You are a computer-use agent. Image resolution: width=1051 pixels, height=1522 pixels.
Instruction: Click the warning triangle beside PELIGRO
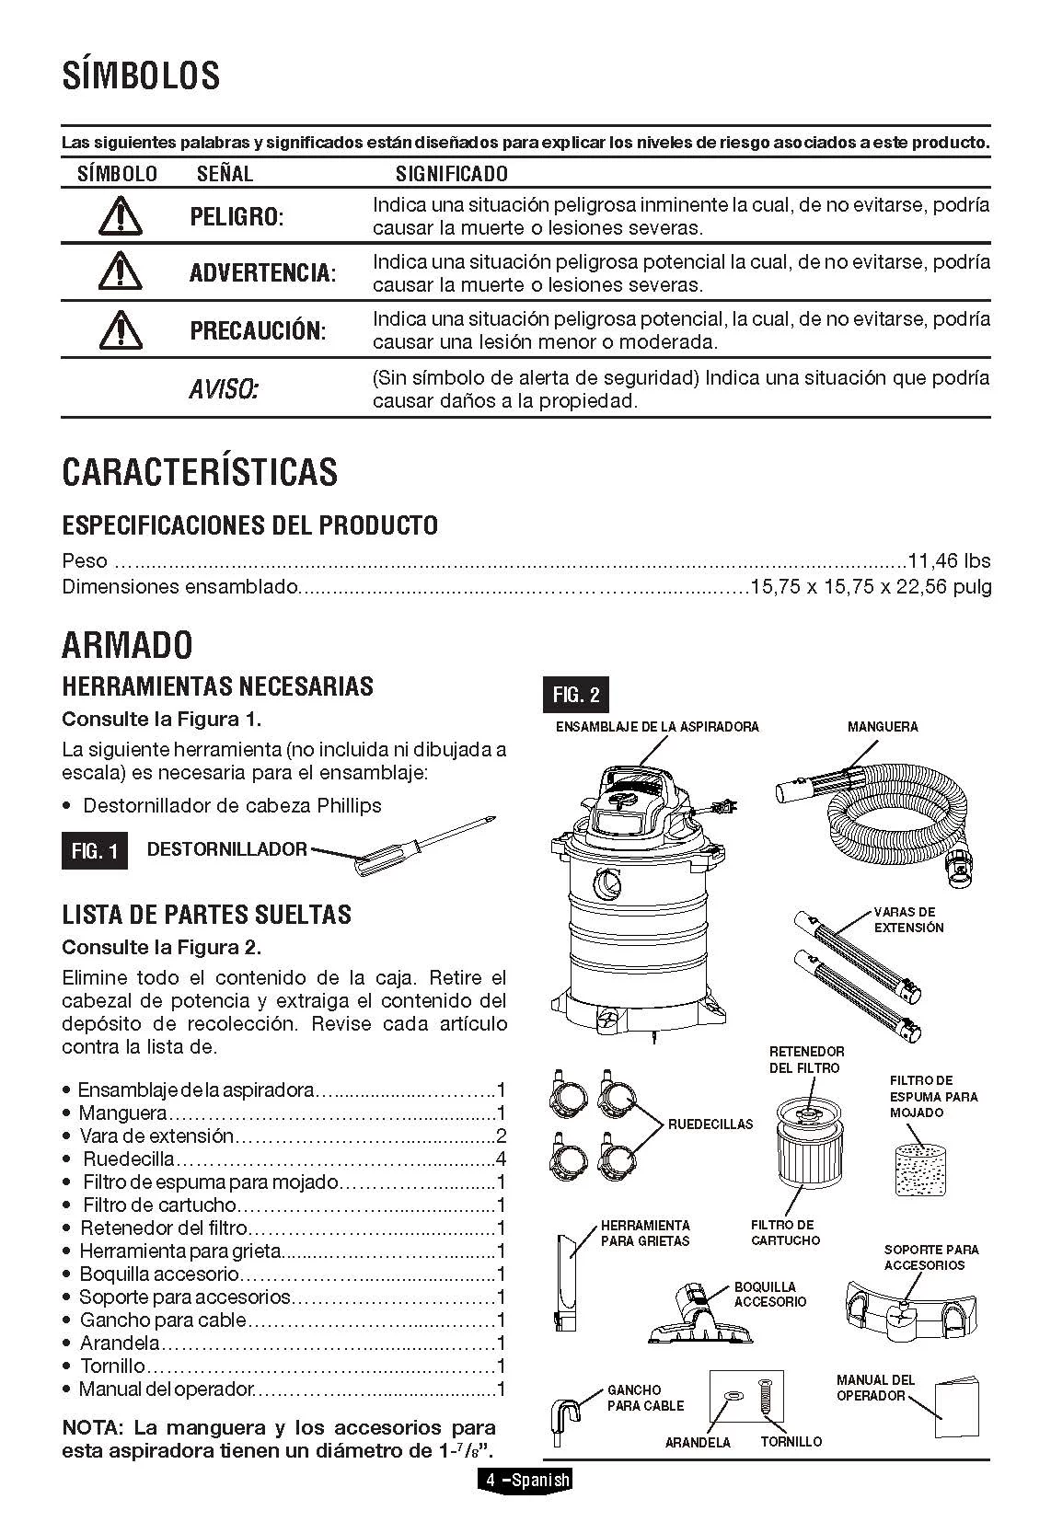coord(117,216)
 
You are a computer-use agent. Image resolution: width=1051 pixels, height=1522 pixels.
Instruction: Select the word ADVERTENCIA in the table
coord(262,273)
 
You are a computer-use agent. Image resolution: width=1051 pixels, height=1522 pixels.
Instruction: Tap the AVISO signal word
coord(223,389)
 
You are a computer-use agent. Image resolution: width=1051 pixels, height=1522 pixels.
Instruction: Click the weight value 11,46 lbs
coord(949,560)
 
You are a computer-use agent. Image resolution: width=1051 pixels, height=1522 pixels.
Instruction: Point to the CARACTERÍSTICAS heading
coord(200,471)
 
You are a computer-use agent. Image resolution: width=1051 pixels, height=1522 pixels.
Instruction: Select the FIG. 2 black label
coord(575,696)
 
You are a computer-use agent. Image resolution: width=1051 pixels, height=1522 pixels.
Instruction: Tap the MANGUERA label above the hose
coord(883,727)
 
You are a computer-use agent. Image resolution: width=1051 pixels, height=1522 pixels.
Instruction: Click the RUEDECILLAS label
coord(710,1124)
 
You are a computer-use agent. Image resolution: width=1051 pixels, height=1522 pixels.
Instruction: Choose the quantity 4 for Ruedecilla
coord(501,1159)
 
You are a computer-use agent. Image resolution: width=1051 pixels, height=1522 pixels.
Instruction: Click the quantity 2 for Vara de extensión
coord(501,1136)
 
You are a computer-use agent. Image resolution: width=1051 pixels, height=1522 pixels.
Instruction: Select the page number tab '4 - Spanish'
coord(525,1481)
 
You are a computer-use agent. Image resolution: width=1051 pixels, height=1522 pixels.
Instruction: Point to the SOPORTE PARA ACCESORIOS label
coord(931,1257)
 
